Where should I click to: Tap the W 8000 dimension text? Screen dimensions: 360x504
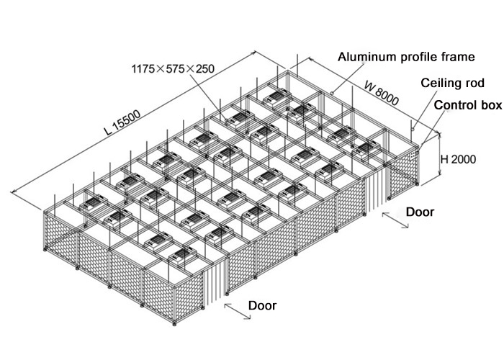pos(381,92)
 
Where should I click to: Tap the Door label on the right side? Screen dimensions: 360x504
pos(420,212)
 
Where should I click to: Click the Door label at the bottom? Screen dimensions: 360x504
pos(262,305)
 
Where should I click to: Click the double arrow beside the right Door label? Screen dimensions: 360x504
pos(395,220)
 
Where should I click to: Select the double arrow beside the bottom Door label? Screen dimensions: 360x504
pos(235,310)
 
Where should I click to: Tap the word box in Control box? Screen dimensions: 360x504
pos(490,105)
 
